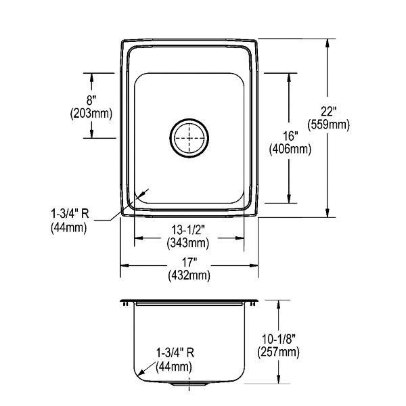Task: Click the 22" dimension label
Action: (x=328, y=112)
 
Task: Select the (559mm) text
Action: (x=328, y=125)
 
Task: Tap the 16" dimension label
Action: (x=290, y=136)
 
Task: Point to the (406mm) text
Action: (x=290, y=149)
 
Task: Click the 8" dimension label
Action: (x=91, y=100)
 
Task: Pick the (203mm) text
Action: (x=91, y=114)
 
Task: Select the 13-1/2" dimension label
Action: (x=188, y=229)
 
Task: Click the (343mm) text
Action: (x=188, y=243)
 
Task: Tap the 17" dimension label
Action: (x=189, y=263)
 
